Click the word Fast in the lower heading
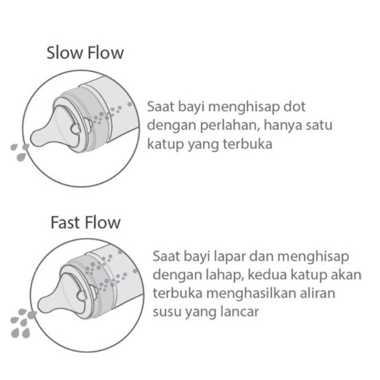[x=66, y=222]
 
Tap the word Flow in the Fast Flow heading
[x=102, y=222]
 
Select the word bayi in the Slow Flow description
[x=188, y=107]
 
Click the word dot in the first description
[x=294, y=107]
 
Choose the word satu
[x=318, y=126]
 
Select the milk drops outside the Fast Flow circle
[x=20, y=322]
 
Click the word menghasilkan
[x=245, y=293]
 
